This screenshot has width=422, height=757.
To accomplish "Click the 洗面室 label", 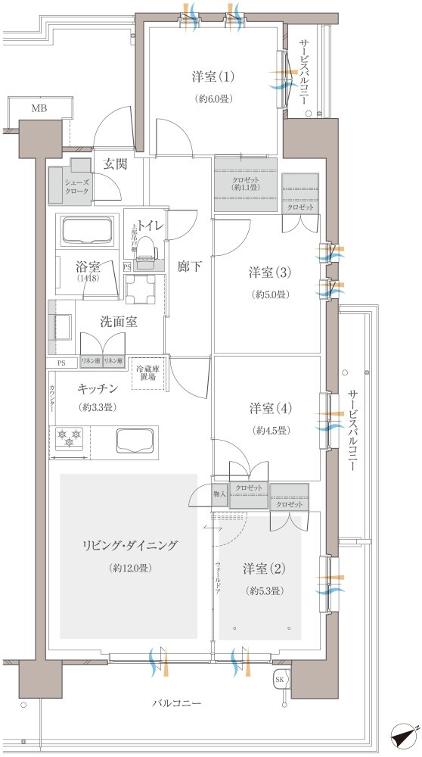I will [119, 322].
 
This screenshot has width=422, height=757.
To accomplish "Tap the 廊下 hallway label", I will [188, 266].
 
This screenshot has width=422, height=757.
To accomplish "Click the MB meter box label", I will [39, 109].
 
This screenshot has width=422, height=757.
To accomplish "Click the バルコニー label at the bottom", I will [175, 703].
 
